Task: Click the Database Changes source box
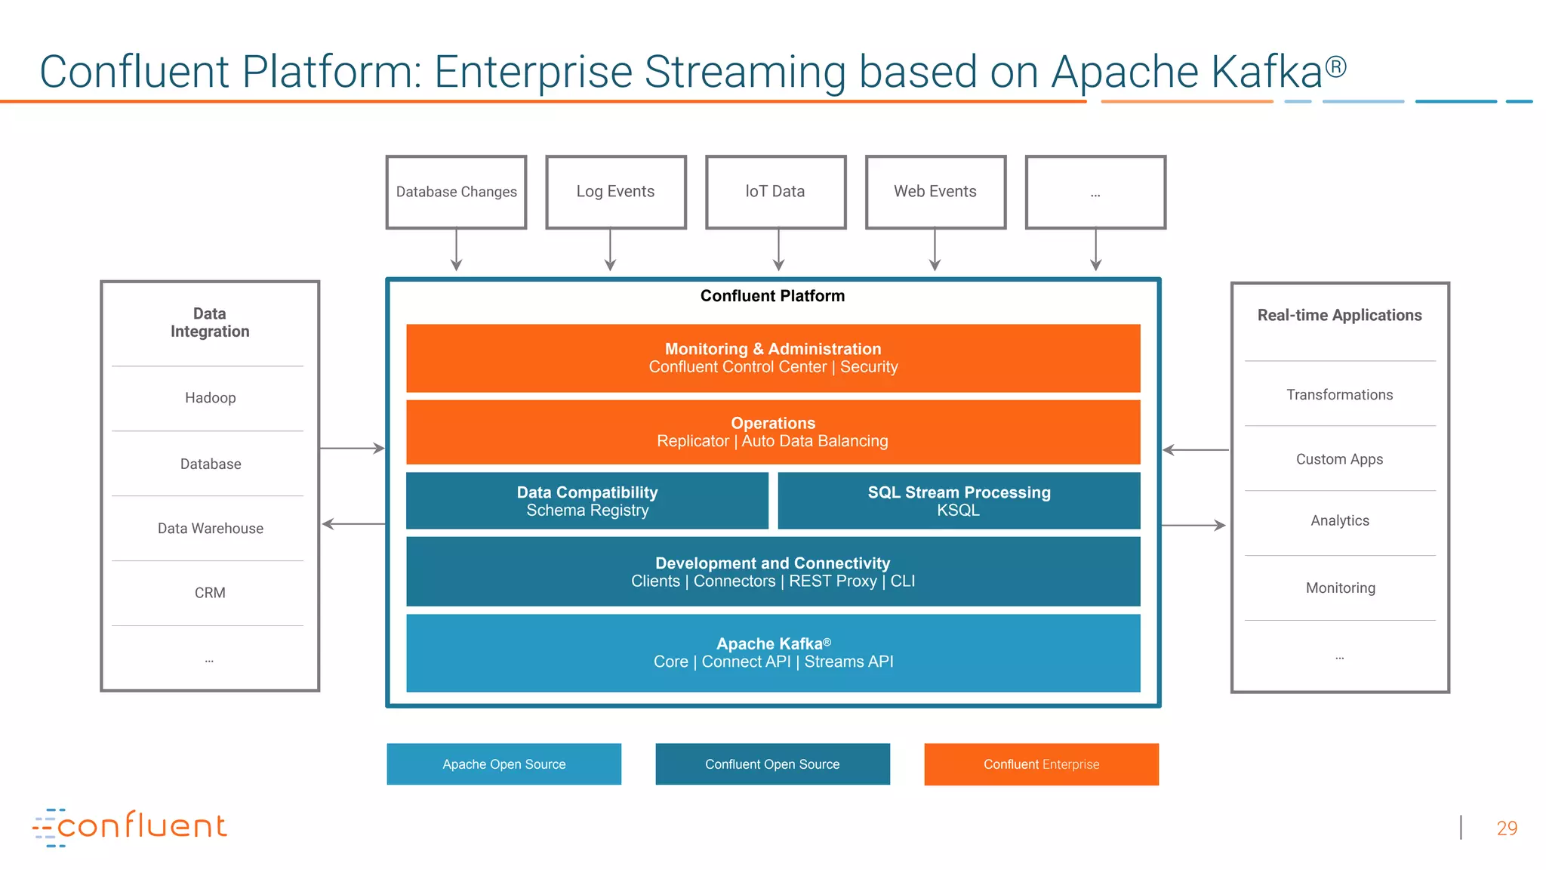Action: (x=456, y=192)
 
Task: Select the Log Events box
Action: (x=615, y=192)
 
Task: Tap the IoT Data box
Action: (x=775, y=192)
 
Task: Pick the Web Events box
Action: (x=935, y=192)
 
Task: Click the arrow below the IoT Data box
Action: (x=778, y=251)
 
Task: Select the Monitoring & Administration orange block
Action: (x=773, y=358)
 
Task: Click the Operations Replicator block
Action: (x=773, y=432)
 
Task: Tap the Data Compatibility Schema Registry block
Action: (x=587, y=501)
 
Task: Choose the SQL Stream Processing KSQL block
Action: (x=959, y=501)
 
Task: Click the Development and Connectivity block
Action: (x=773, y=572)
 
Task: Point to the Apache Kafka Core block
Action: (x=773, y=652)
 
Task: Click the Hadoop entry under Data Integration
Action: (x=210, y=398)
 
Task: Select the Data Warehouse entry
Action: (x=210, y=529)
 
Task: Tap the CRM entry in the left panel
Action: (x=210, y=593)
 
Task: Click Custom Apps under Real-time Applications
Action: (x=1339, y=459)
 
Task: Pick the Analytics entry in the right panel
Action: (x=1339, y=520)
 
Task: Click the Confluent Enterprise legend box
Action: (x=1041, y=764)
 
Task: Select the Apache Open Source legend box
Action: (x=504, y=764)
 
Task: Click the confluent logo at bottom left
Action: (x=130, y=827)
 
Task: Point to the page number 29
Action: (x=1506, y=828)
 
